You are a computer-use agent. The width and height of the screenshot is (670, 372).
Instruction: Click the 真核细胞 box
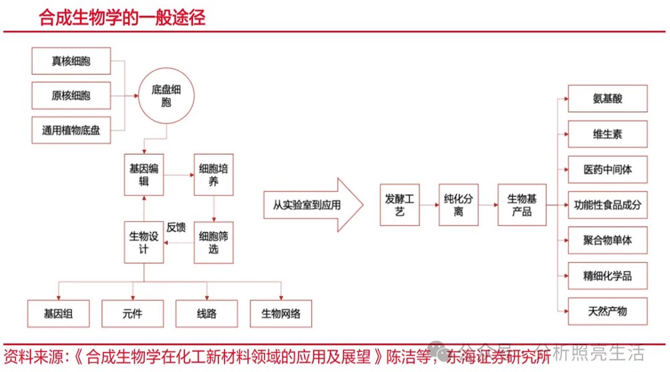tap(71, 61)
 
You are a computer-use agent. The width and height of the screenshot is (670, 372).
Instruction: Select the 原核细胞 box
tap(71, 95)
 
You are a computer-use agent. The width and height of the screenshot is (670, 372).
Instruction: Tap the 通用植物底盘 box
tap(71, 130)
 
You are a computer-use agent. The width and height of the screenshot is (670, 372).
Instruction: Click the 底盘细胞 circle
tap(166, 96)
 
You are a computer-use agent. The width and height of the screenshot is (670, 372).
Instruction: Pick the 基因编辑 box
tap(144, 175)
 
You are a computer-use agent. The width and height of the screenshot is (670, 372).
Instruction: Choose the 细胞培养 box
tap(214, 175)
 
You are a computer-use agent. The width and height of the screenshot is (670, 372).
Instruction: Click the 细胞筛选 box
tap(214, 243)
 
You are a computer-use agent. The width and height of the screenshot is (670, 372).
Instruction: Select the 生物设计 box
tap(144, 243)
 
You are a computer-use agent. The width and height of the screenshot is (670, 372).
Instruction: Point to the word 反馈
tap(176, 227)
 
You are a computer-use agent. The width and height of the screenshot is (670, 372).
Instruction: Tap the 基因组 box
tap(58, 313)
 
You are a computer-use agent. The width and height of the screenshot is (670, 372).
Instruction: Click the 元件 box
tap(132, 313)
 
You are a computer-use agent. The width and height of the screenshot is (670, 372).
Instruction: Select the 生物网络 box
tap(281, 313)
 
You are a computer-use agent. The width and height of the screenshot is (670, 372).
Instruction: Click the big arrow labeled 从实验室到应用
tap(307, 205)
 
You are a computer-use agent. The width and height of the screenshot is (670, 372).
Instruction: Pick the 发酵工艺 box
tap(400, 205)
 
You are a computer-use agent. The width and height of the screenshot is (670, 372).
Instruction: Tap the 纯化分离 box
tap(459, 205)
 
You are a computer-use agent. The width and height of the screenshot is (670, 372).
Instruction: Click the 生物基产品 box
tap(521, 205)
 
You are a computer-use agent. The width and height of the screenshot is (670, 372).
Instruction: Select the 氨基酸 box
tap(607, 99)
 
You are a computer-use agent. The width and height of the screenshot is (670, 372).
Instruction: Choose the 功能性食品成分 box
tap(607, 205)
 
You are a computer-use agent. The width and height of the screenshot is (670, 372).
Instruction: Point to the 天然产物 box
tap(607, 311)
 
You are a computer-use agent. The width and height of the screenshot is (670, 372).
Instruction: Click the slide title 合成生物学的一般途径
tap(122, 17)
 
